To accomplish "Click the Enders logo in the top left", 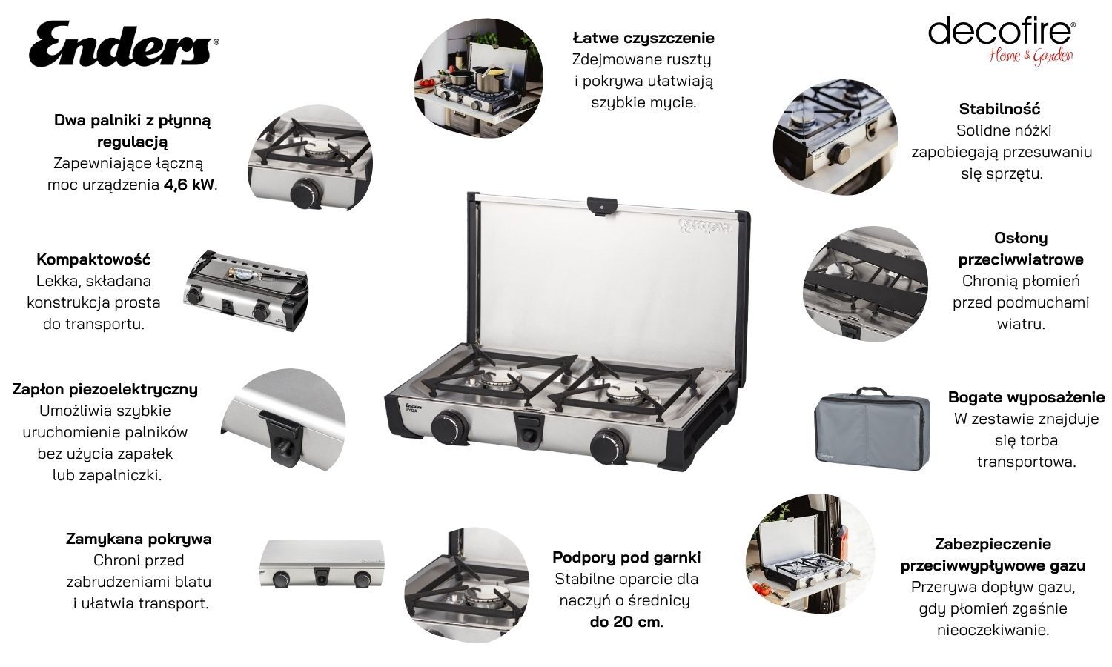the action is pyautogui.click(x=124, y=44).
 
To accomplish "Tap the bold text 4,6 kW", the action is pyautogui.click(x=189, y=185).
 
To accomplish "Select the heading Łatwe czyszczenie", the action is pyautogui.click(x=643, y=38).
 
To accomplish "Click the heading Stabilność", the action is pyautogui.click(x=999, y=109).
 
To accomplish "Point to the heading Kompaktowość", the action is pyautogui.click(x=93, y=259).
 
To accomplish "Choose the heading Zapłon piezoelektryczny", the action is pyautogui.click(x=105, y=389).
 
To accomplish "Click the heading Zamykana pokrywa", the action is pyautogui.click(x=139, y=539).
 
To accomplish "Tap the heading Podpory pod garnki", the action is pyautogui.click(x=626, y=557).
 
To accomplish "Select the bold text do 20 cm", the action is pyautogui.click(x=626, y=622).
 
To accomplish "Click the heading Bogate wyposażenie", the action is pyautogui.click(x=1026, y=397).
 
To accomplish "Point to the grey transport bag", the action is pyautogui.click(x=873, y=429).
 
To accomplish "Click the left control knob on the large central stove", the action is pyautogui.click(x=449, y=427).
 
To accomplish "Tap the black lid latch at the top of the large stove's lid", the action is pyautogui.click(x=602, y=206).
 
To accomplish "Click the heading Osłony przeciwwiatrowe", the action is pyautogui.click(x=1021, y=248).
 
